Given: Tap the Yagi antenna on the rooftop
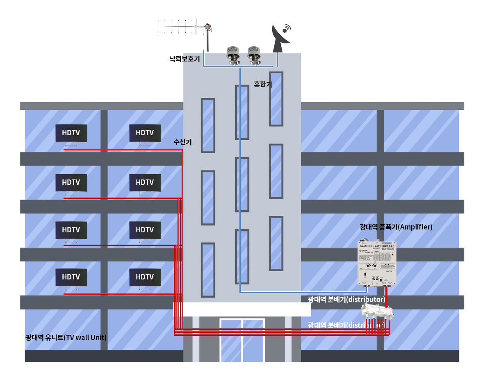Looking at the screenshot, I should coord(184,28).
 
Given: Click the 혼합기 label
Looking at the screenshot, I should coord(263,84).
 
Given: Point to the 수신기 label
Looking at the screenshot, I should coord(182,142).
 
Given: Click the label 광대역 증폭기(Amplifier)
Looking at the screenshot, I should coord(396,227).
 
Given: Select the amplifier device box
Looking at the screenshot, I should coord(377,263).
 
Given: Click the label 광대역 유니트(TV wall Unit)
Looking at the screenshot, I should coord(66,338).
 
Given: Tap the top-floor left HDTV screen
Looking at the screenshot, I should coord(71,133).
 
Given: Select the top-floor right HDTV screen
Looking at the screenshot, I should coord(145,133).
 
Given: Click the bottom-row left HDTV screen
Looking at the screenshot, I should coord(71,277).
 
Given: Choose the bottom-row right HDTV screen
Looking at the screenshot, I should coord(145,277).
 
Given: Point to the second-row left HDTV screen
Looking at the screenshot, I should coord(71,182).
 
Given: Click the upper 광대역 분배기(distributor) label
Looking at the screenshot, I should coord(346,299).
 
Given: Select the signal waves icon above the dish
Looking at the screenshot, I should coord(287,27).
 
